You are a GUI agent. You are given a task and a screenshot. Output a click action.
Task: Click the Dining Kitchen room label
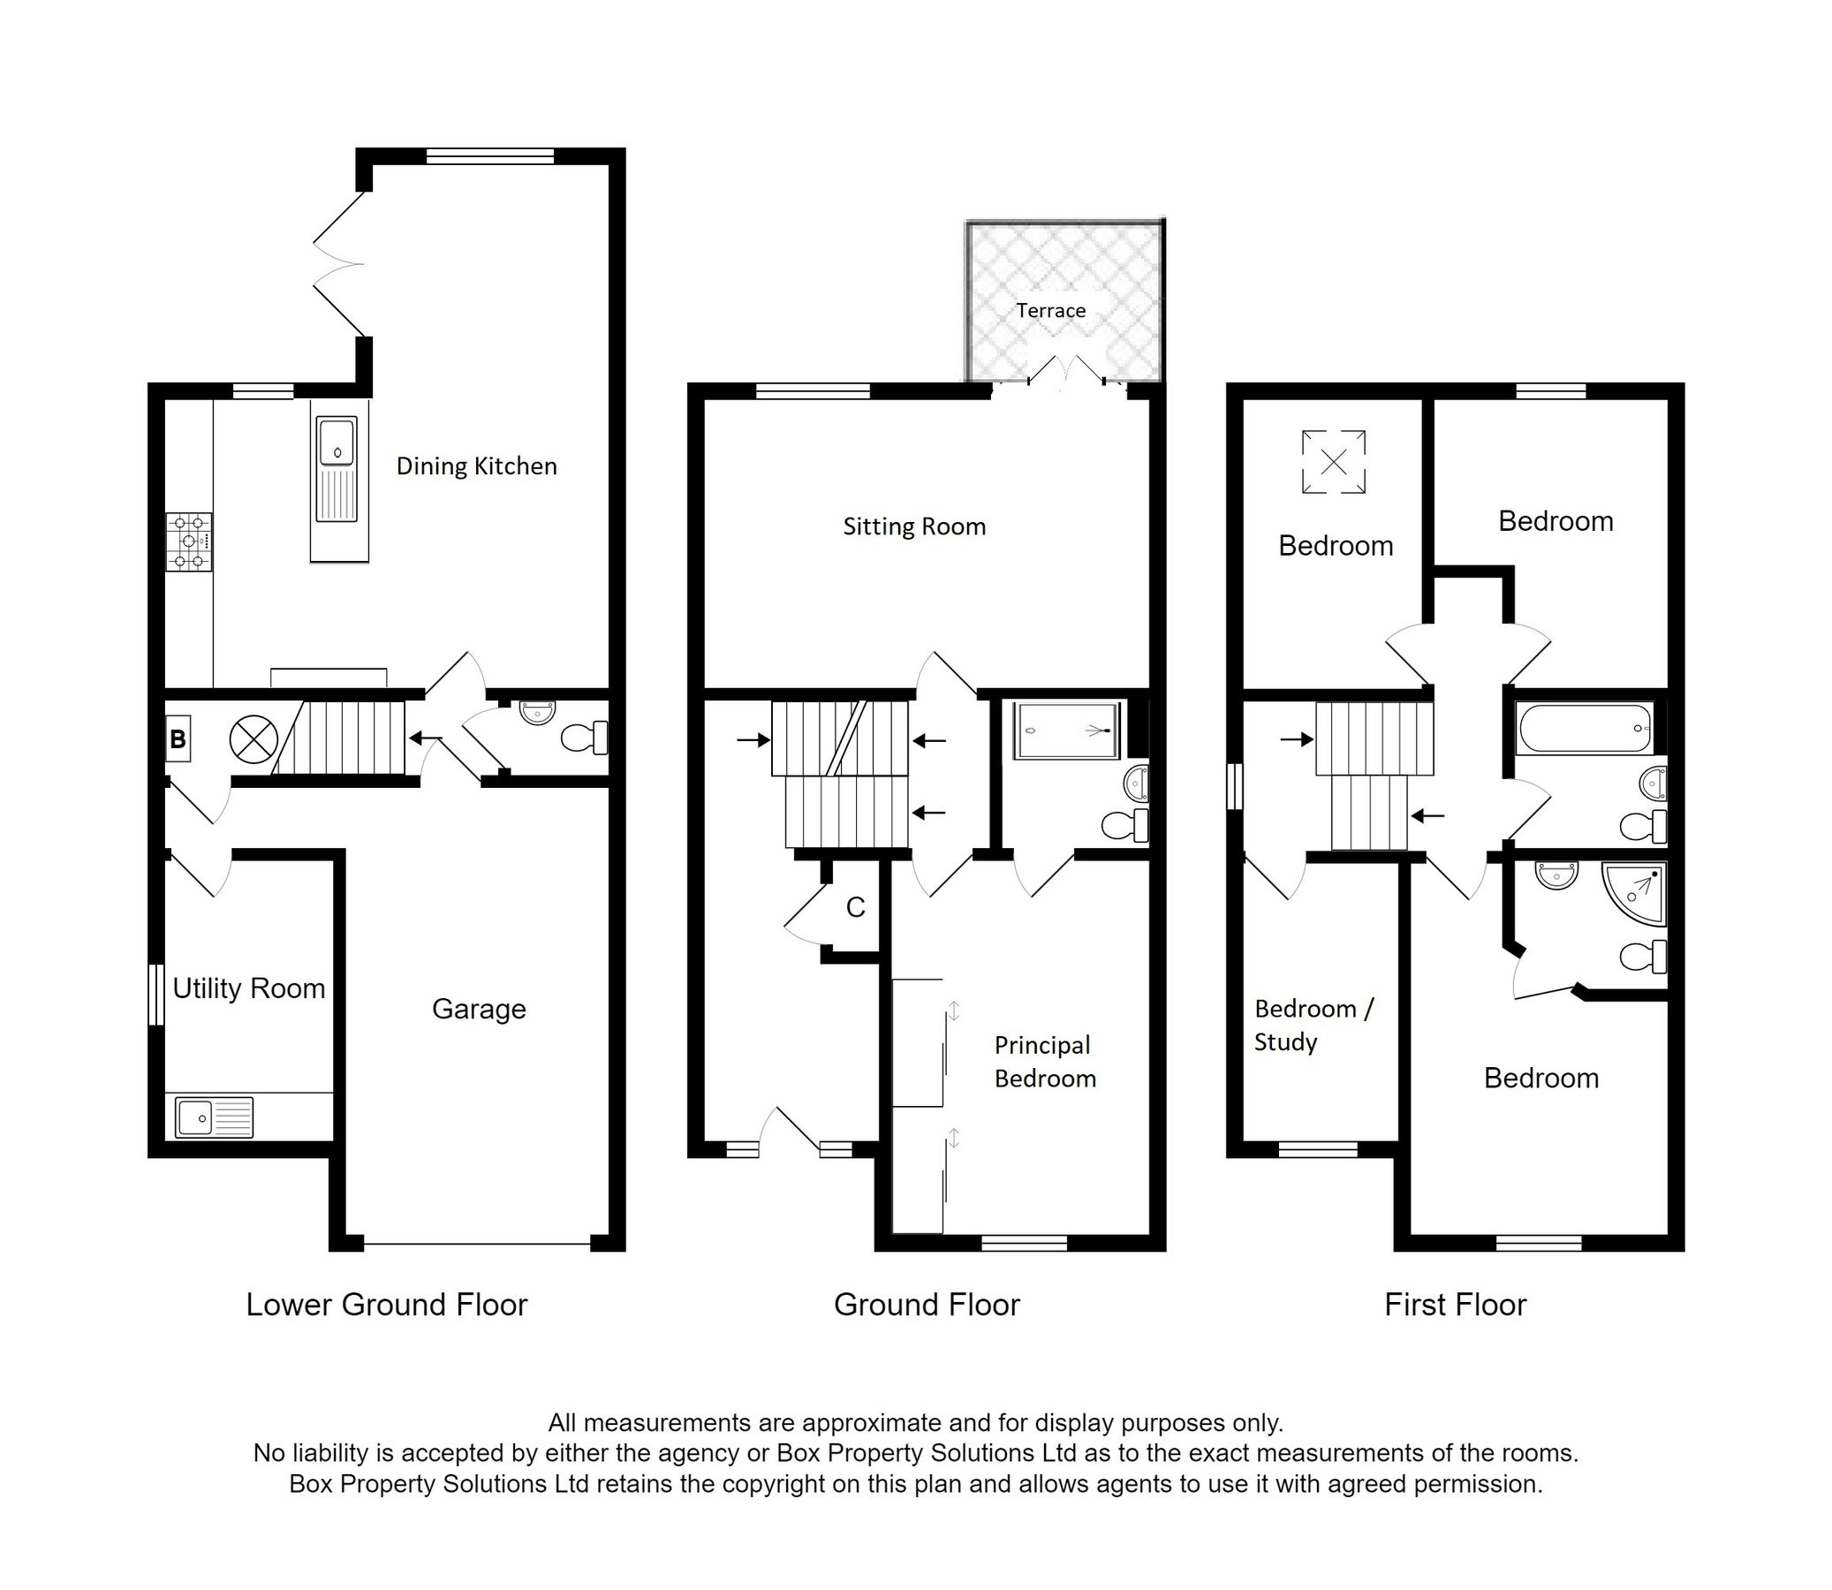476,466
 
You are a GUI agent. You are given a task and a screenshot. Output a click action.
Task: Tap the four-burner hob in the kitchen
189,541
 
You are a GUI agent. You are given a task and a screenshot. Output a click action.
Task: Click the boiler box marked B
178,738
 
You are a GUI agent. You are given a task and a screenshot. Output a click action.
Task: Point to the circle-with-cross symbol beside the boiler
254,738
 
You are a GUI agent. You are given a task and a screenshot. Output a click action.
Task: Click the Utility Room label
248,988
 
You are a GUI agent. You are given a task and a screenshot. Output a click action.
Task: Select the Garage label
479,1009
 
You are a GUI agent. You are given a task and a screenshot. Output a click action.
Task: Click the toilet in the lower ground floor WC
586,738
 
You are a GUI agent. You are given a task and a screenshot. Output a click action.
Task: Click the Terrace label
1051,311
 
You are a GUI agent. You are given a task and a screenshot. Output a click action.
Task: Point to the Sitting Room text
913,526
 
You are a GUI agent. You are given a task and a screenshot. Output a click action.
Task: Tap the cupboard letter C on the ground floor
855,907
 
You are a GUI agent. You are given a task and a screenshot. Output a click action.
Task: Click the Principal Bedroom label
1045,1062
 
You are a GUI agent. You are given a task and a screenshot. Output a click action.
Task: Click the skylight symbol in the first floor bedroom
1334,461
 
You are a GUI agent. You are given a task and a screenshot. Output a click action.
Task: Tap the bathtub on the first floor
1586,729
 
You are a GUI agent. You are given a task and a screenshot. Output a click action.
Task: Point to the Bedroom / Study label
1313,1025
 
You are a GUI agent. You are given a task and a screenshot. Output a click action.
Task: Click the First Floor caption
1455,1306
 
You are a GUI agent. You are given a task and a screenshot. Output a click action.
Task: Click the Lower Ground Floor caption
387,1306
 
